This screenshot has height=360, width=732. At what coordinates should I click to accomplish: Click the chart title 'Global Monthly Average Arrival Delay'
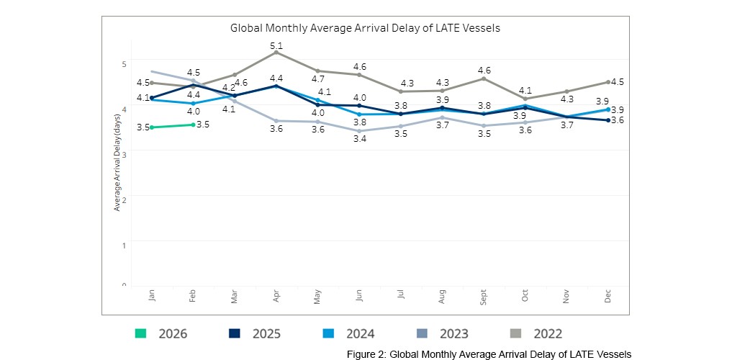tap(365, 28)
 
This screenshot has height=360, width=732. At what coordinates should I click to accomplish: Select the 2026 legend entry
tap(162, 333)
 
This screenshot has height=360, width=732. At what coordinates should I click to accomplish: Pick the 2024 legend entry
tap(348, 333)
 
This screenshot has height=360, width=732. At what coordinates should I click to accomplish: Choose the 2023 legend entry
tap(442, 333)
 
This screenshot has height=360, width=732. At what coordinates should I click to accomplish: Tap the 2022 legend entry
tap(536, 333)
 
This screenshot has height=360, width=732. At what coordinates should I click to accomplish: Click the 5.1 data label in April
tap(276, 46)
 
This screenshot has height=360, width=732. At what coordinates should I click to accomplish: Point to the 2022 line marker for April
tap(276, 53)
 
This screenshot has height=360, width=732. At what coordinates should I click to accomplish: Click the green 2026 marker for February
tap(193, 125)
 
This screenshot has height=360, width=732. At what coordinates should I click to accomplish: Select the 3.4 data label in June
tap(359, 138)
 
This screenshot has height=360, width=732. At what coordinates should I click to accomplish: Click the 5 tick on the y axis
tap(124, 64)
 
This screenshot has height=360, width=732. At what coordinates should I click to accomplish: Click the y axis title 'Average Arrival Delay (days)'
tap(117, 162)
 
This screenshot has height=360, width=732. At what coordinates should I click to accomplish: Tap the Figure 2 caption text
tap(489, 354)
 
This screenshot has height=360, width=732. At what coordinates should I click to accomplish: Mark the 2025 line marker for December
tap(608, 120)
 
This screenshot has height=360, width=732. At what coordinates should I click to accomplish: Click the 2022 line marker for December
tap(608, 82)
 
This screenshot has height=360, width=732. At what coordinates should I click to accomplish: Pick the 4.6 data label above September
tap(484, 71)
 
